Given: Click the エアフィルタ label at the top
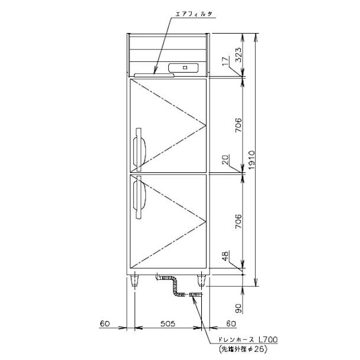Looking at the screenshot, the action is click(x=194, y=14).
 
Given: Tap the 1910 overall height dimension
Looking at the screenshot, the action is click(x=252, y=160).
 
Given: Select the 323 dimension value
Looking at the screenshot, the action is click(x=239, y=55).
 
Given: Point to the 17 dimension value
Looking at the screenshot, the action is click(x=225, y=61).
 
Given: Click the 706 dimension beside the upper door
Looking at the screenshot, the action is click(x=239, y=125).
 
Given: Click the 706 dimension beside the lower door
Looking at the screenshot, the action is click(x=239, y=221).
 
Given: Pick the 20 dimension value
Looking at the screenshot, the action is click(x=225, y=160).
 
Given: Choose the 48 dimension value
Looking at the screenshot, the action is click(x=225, y=256).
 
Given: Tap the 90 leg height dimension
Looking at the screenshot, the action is click(x=239, y=308).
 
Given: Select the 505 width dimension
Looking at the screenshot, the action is click(x=168, y=324).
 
